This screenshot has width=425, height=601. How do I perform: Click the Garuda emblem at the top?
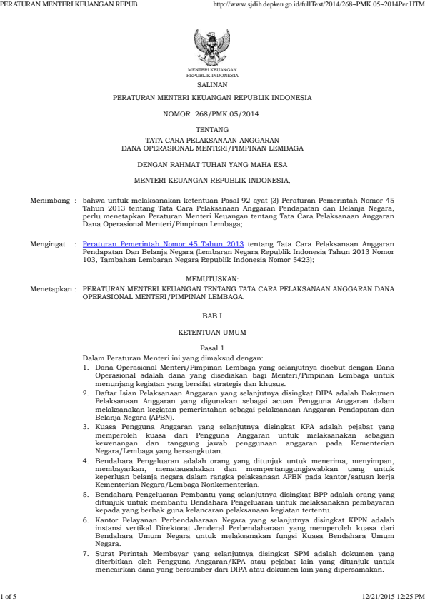(x=212, y=49)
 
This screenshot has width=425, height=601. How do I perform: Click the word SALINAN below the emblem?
(x=212, y=84)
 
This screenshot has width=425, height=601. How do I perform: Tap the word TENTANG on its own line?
(x=212, y=130)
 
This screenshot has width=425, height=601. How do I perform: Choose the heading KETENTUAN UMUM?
(x=212, y=333)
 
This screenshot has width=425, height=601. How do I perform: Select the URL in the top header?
(x=319, y=5)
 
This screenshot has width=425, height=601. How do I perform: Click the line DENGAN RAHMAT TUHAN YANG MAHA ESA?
(x=212, y=163)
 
